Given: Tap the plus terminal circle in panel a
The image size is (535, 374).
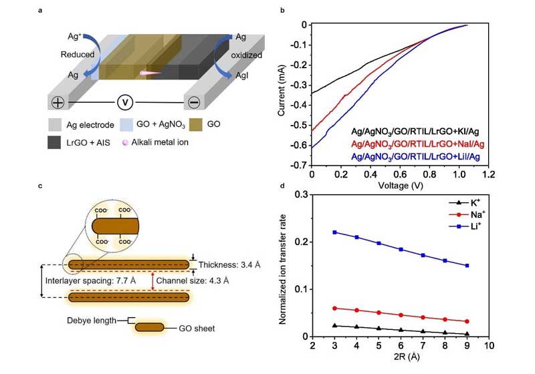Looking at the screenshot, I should [x=58, y=103].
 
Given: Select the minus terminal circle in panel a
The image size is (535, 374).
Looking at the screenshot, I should [x=193, y=103].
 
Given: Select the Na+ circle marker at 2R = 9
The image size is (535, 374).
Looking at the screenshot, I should [x=466, y=321].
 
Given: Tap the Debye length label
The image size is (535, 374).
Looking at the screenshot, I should [x=92, y=321].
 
